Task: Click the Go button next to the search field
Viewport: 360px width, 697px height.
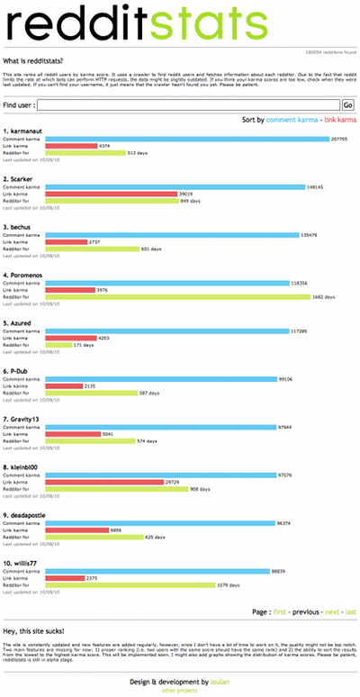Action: pos(348,105)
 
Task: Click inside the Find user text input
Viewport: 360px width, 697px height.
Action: pos(189,105)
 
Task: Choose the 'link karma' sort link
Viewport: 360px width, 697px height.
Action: pos(340,120)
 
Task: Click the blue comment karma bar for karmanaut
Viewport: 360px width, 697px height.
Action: pos(186,139)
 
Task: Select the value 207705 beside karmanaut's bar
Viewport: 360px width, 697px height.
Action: pos(339,140)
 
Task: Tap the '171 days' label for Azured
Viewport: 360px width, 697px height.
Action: pos(84,345)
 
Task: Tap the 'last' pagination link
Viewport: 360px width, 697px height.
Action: pos(351,611)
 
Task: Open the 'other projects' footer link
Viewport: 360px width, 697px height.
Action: pos(180,691)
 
